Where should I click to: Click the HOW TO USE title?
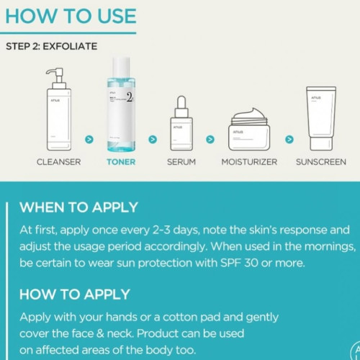point(71,16)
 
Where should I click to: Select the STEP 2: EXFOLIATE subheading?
point(52,46)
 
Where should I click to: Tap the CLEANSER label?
point(58,162)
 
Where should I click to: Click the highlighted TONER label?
point(121,162)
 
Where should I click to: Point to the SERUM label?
point(181,162)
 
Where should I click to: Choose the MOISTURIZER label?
point(249,162)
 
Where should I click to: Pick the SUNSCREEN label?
point(321,162)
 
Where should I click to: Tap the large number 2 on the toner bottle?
point(130,97)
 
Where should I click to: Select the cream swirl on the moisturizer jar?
point(251,114)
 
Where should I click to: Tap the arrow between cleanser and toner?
point(89,139)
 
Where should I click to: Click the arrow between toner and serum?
point(153,139)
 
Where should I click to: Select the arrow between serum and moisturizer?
point(210,139)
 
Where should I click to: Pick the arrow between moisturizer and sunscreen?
point(289,139)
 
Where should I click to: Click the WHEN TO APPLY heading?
point(78,207)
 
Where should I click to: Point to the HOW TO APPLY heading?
point(75,294)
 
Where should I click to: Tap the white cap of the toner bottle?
point(121,68)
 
